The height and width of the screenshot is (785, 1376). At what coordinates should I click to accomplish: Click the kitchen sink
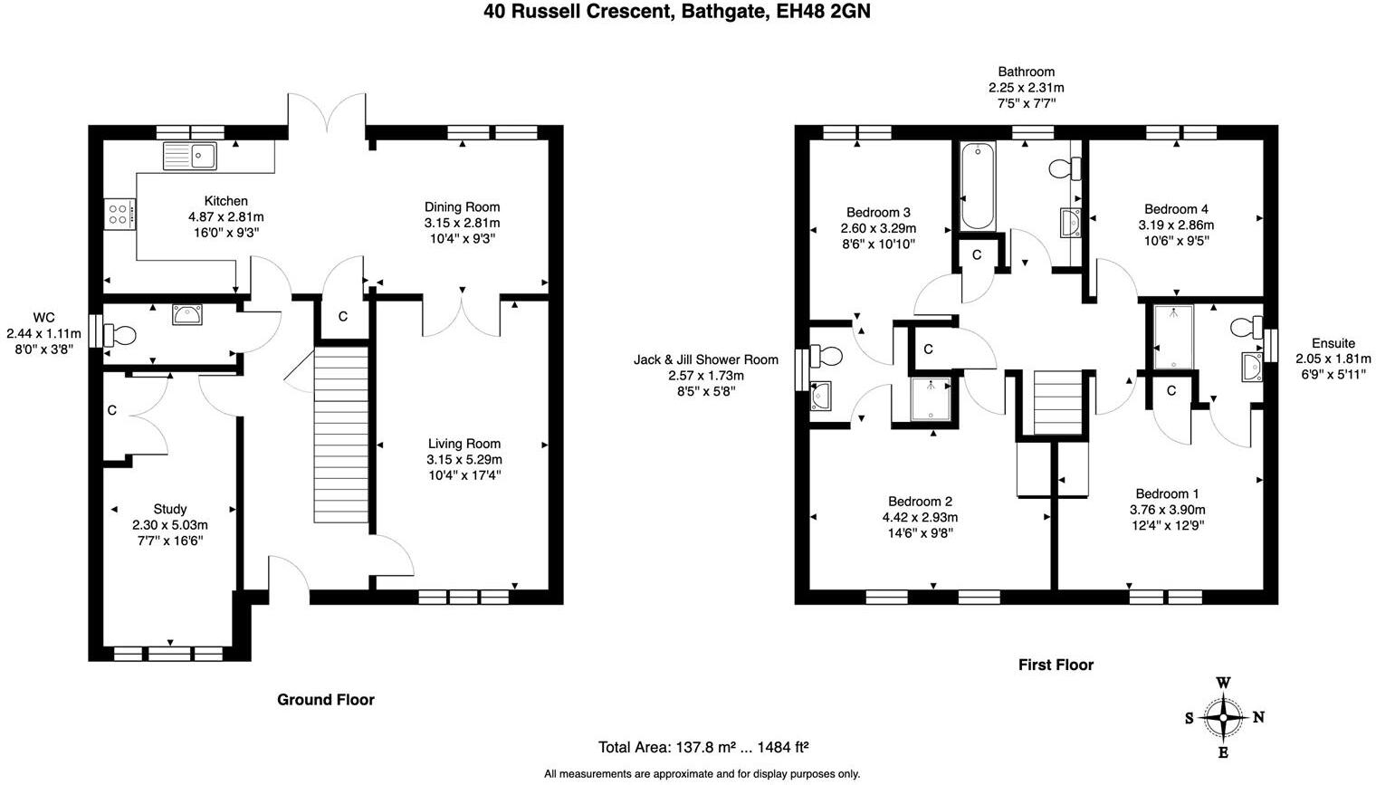point(190,156)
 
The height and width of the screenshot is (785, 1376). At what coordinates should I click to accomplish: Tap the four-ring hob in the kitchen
point(119,215)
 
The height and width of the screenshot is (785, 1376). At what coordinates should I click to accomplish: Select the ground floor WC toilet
point(120,336)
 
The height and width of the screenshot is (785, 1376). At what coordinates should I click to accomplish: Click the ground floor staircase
point(341,434)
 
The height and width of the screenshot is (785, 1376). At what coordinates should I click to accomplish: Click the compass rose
point(1223,718)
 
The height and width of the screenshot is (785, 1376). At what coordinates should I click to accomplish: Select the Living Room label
point(463,444)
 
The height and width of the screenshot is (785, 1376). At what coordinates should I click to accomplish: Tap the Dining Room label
point(462,207)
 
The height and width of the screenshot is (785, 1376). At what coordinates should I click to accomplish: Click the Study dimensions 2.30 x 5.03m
point(170,525)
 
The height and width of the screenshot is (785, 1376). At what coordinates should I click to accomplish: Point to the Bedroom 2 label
point(920,502)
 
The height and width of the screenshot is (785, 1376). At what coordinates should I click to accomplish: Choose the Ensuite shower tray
point(1173,337)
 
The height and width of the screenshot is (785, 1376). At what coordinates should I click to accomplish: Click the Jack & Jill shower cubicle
point(931,400)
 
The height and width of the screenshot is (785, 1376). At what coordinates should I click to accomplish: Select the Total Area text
point(702,748)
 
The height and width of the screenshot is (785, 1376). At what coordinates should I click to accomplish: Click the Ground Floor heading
point(325,700)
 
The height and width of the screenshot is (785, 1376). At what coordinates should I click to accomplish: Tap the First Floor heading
point(1056,665)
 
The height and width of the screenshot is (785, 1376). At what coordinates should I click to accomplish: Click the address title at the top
point(676,12)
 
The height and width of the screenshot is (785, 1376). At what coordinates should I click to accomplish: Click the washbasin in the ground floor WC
point(187,315)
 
